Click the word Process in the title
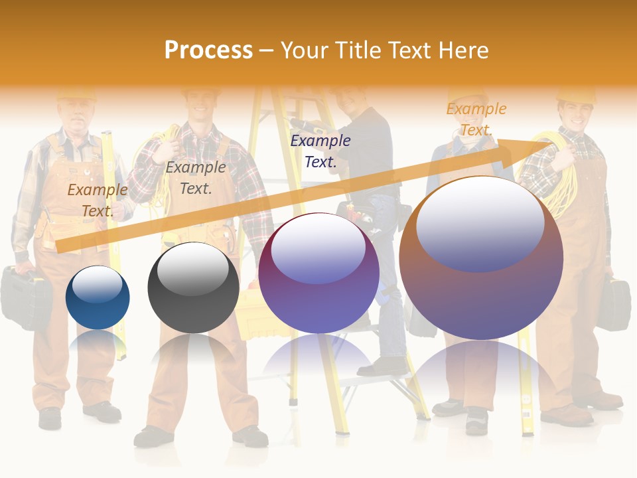pos(208,50)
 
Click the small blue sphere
pos(98,299)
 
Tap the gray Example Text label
pos(196,178)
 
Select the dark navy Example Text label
pos(320,151)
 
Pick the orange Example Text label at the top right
pos(476,119)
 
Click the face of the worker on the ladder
pos(350,100)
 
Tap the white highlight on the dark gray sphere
pos(192,269)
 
